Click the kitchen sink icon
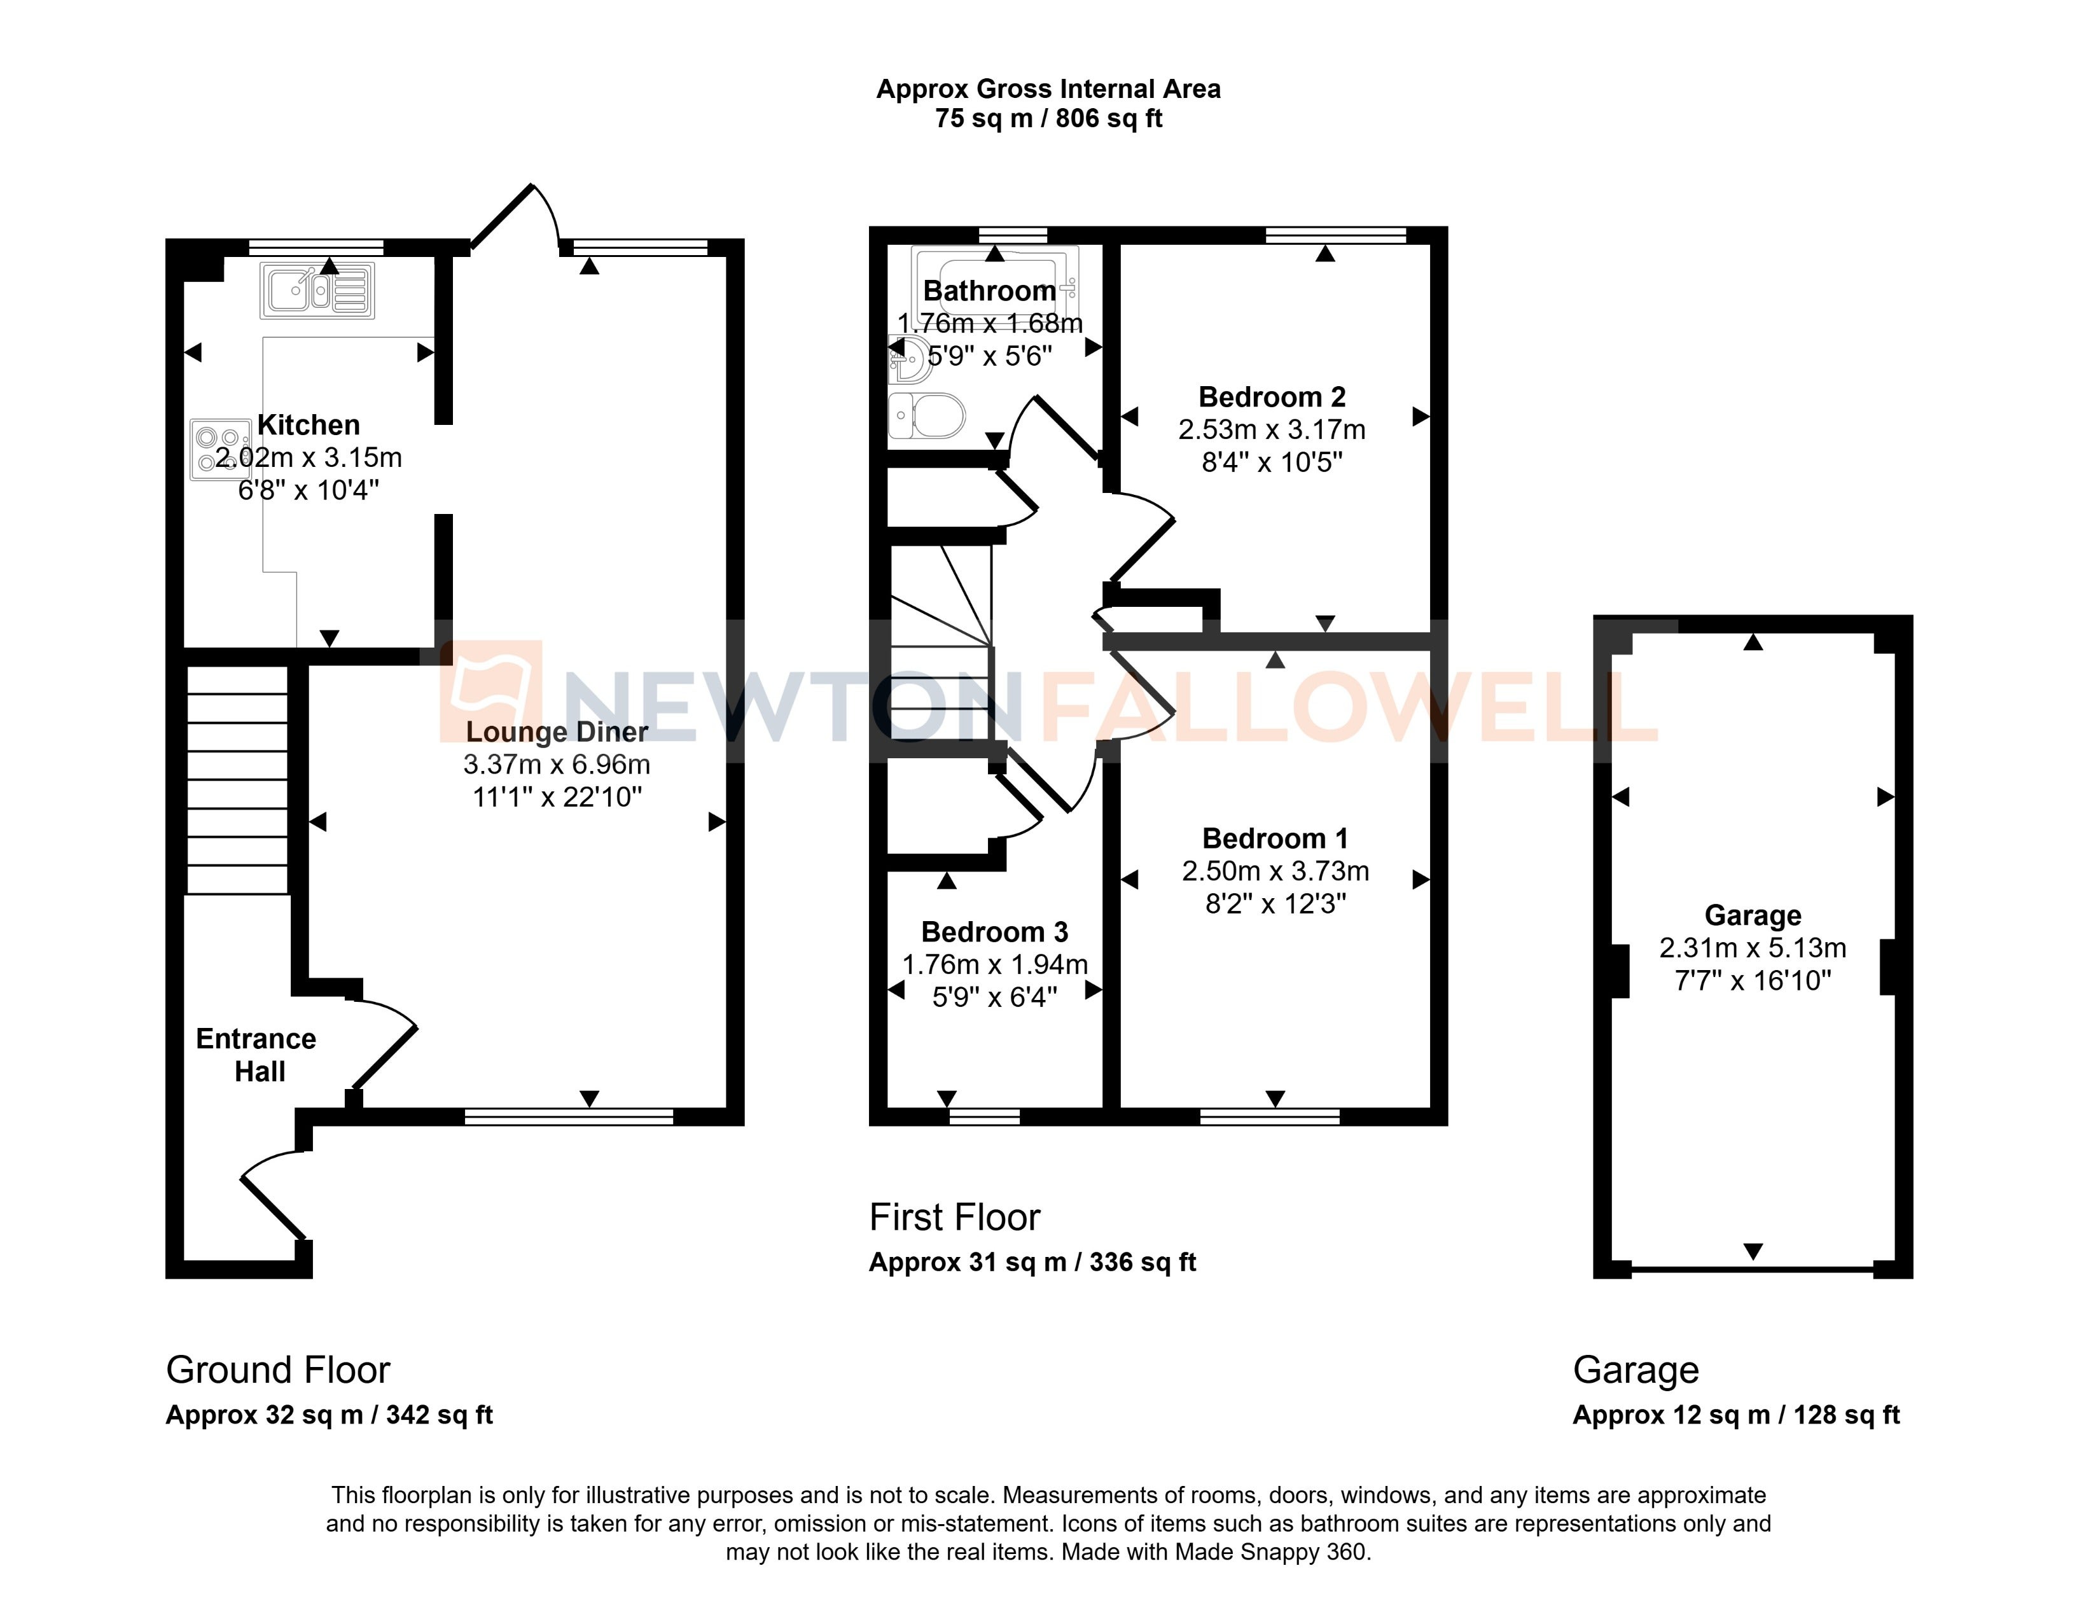317,290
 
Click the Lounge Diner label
557,732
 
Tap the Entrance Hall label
256,1055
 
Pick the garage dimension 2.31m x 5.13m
1753,948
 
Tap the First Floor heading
954,1218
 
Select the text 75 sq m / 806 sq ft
1048,118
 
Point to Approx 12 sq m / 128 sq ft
1737,1415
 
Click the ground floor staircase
237,780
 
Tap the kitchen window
316,247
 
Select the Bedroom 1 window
1270,1116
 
